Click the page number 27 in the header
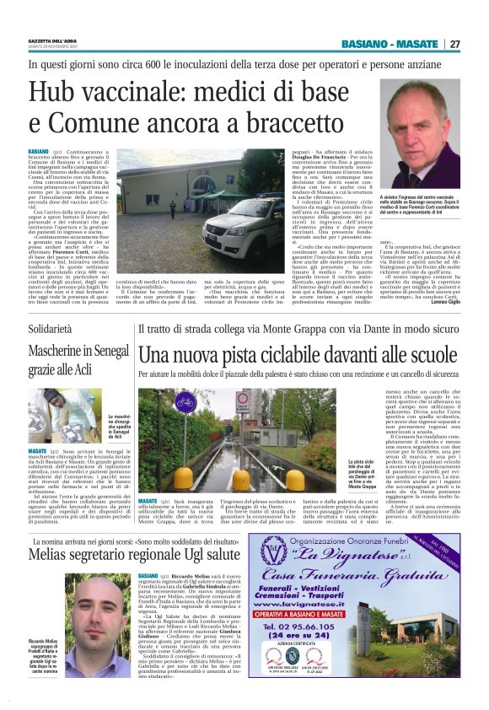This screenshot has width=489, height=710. click(x=454, y=44)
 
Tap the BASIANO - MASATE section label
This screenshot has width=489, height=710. click(x=390, y=44)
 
